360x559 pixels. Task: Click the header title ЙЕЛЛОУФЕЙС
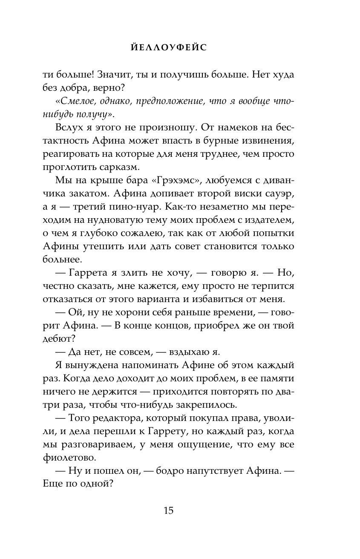(180, 49)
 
